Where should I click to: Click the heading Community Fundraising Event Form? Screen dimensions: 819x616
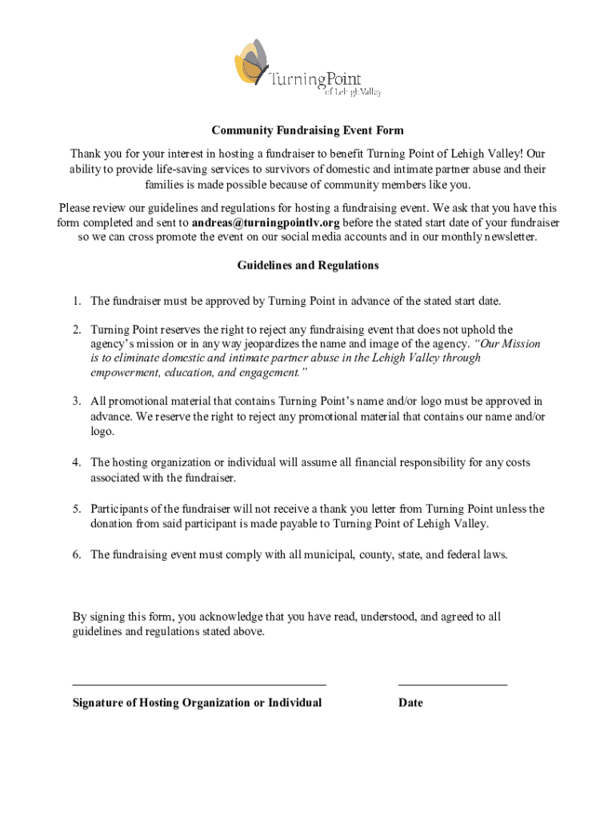tap(307, 130)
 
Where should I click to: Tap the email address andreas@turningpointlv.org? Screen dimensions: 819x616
tap(266, 222)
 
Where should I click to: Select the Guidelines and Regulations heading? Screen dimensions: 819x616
tap(307, 265)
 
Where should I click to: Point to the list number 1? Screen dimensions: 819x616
tap(76, 301)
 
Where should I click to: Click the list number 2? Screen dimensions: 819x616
tap(76, 330)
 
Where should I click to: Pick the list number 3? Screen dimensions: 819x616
tap(76, 401)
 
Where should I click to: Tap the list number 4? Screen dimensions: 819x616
tap(76, 462)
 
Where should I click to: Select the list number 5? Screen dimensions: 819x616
tap(76, 509)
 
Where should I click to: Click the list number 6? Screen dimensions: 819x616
tap(76, 554)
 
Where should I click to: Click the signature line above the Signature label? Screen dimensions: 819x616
tap(199, 685)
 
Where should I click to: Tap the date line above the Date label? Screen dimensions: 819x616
tap(452, 685)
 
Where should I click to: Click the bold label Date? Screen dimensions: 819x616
tap(410, 703)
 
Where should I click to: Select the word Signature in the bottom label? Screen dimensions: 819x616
tap(98, 703)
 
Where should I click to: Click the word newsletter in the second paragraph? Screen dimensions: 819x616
tap(505, 237)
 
